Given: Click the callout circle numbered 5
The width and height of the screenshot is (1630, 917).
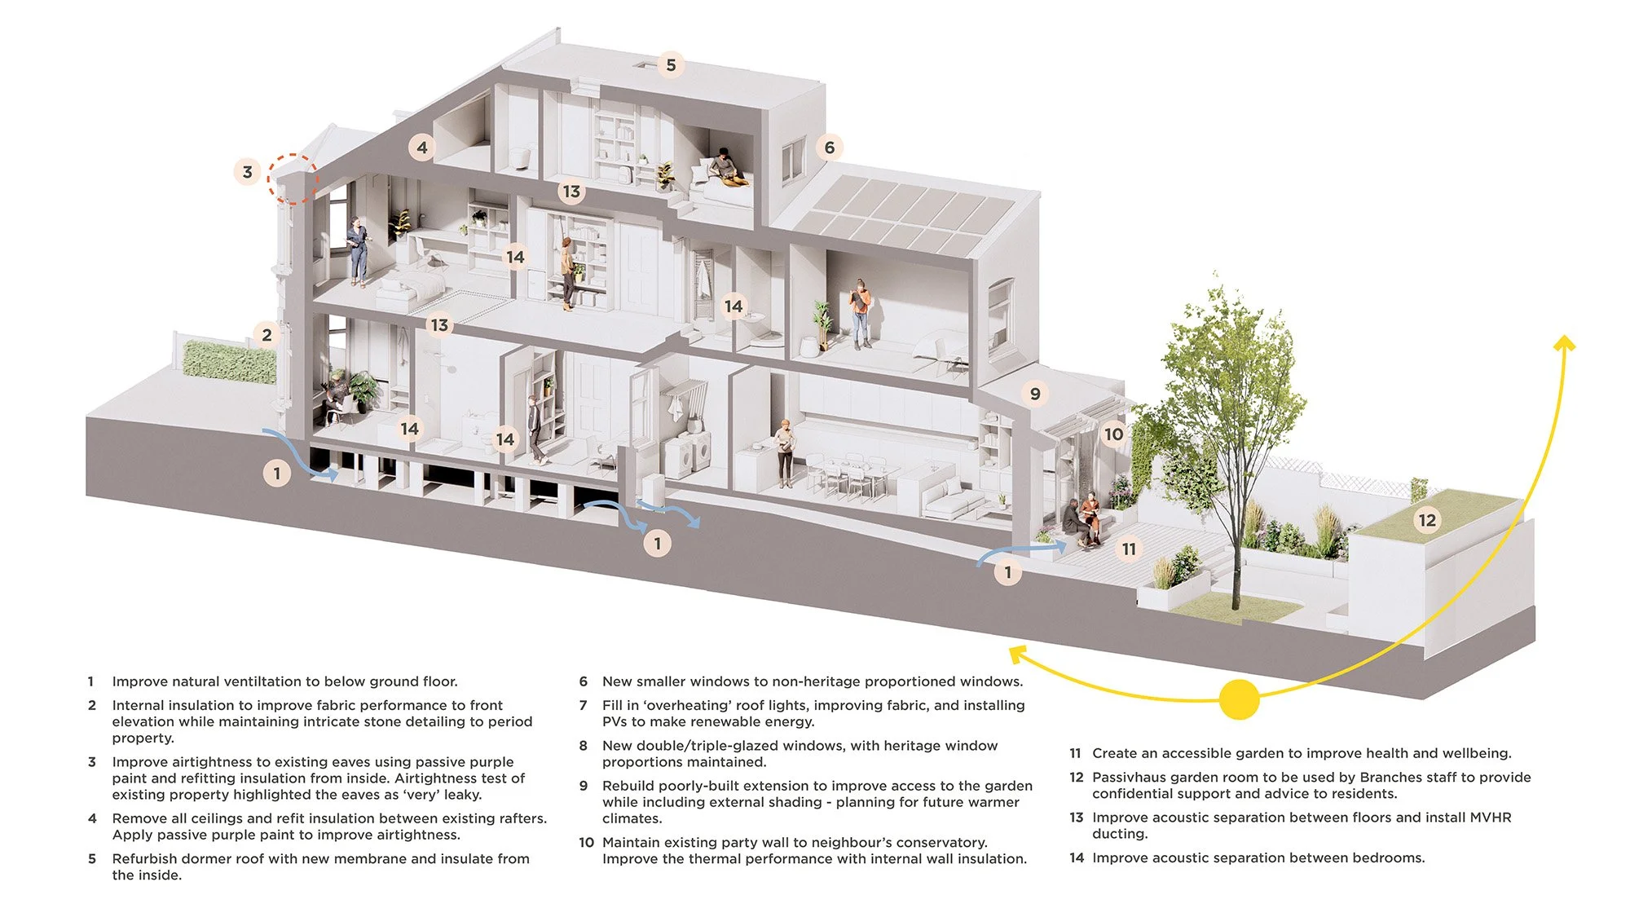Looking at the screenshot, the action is [x=671, y=65].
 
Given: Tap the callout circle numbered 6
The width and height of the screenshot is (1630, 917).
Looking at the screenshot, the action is [x=829, y=148].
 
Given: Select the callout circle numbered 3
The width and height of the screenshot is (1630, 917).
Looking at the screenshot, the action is [x=248, y=172].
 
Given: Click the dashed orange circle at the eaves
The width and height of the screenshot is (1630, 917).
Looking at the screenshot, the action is [x=293, y=179].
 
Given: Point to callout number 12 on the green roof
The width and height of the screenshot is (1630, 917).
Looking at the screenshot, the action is [x=1427, y=520].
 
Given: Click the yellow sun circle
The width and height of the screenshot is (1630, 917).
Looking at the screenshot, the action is [x=1239, y=699].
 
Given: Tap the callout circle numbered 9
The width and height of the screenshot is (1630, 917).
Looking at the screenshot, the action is [x=1035, y=394].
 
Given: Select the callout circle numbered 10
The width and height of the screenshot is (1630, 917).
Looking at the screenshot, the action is [x=1113, y=434].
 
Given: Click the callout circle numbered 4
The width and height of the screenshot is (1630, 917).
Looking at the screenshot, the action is [x=421, y=148].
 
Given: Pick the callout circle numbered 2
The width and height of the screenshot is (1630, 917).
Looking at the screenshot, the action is [x=267, y=334].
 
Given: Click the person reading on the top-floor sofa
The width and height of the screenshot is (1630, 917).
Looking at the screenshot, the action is [x=722, y=167].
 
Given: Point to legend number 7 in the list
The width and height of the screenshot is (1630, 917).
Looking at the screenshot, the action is [x=583, y=705].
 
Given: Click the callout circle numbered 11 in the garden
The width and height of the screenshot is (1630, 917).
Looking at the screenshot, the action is [x=1129, y=549].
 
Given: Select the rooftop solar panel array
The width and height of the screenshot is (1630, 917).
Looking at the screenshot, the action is [x=896, y=214].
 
